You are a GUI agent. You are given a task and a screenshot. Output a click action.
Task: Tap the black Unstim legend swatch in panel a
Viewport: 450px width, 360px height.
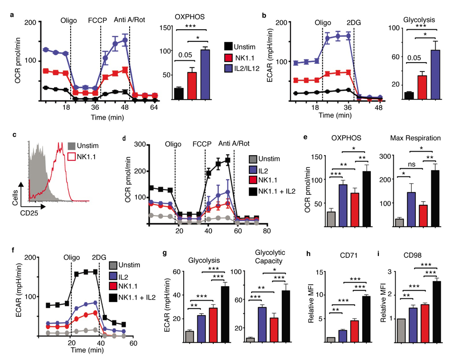click(229, 46)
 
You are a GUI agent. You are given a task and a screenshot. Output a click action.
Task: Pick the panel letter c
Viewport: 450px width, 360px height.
click(16, 135)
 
